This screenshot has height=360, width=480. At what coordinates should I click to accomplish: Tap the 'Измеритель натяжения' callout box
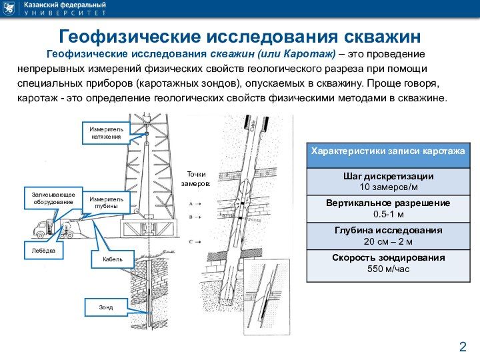pos(106,131)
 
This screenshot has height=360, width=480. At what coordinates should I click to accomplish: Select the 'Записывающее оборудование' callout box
pos(53,197)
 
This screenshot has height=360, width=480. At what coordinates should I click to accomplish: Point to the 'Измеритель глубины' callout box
pos(106,203)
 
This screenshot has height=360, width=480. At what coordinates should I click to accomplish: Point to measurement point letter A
pos(191,203)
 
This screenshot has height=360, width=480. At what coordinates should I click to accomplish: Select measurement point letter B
pos(191,217)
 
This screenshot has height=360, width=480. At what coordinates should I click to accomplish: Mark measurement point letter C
pos(191,241)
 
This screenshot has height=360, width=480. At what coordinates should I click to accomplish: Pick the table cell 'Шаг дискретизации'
pos(388,181)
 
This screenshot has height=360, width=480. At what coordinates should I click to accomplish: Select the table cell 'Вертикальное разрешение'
pos(388,208)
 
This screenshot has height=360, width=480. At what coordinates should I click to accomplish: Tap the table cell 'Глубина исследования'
pos(388,235)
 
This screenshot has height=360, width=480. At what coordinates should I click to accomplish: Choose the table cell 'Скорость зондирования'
pos(388,263)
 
